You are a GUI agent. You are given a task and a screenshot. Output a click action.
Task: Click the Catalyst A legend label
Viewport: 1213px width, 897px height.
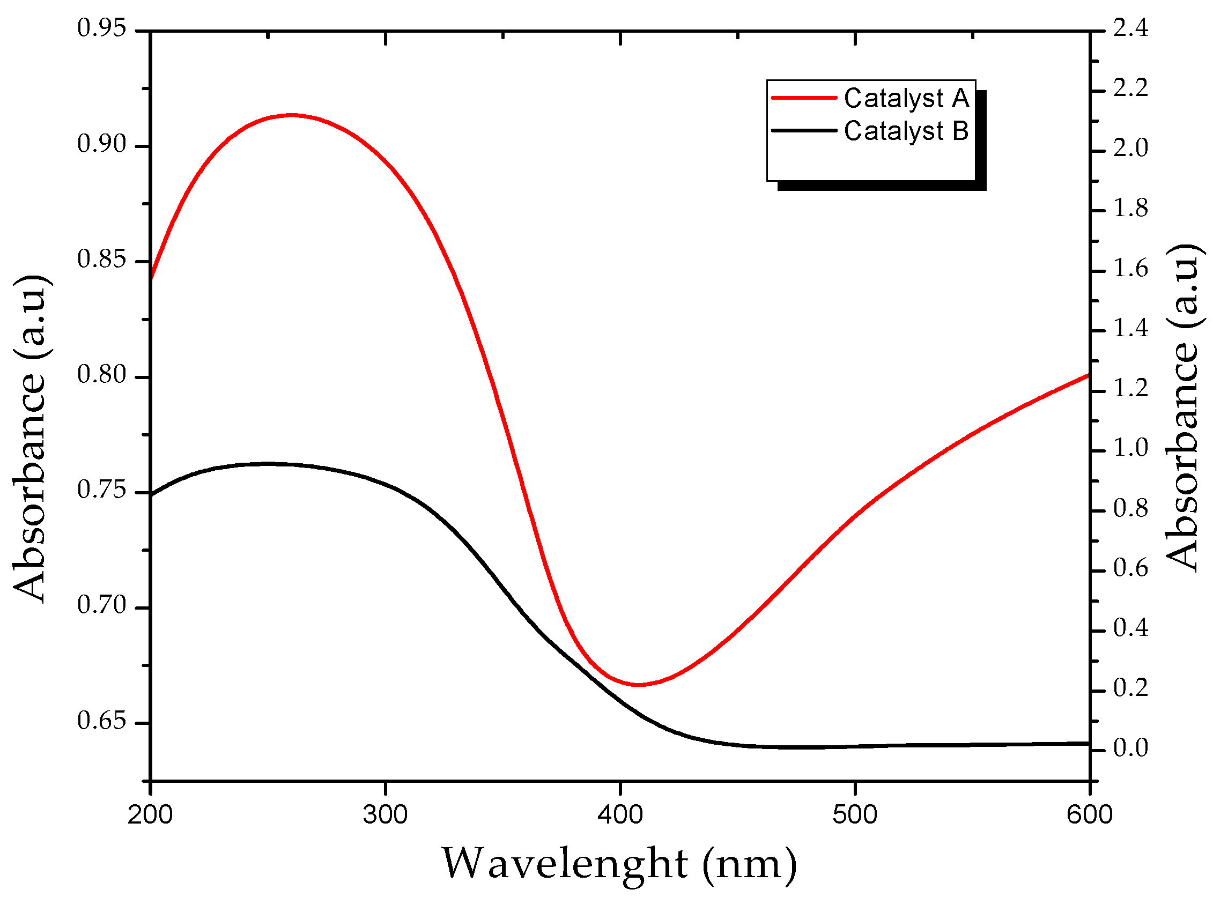click(906, 99)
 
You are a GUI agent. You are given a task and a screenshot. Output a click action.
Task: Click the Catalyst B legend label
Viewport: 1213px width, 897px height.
click(906, 131)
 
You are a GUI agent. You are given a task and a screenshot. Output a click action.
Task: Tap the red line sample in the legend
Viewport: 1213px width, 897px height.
click(804, 98)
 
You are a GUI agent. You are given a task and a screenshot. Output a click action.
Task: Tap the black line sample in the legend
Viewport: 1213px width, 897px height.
click(804, 131)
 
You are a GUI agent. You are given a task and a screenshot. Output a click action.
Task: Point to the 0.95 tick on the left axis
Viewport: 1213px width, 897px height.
click(101, 28)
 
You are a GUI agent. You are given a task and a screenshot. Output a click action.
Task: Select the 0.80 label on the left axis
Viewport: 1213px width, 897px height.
click(101, 375)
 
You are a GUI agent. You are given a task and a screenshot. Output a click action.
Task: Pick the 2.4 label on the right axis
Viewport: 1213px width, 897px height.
click(1130, 28)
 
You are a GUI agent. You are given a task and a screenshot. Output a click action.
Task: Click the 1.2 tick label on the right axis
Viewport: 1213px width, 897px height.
click(1130, 389)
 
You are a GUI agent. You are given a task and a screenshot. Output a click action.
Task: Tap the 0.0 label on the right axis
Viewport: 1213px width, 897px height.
click(1130, 748)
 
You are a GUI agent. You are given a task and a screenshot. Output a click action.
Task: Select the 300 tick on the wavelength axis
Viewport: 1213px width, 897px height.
click(385, 815)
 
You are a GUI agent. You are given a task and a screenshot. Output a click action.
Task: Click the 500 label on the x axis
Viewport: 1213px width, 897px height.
click(855, 815)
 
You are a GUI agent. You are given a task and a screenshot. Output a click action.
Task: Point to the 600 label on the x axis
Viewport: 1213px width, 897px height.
click(1089, 815)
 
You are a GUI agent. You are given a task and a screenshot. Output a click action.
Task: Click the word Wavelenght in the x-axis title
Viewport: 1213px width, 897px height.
click(565, 863)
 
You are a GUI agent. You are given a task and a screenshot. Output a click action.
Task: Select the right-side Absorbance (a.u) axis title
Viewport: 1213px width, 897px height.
click(1182, 407)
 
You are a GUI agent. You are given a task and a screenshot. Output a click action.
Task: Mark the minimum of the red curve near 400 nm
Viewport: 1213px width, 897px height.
click(639, 685)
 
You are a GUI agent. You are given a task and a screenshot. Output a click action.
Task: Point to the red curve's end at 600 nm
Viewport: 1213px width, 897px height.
click(1088, 375)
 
